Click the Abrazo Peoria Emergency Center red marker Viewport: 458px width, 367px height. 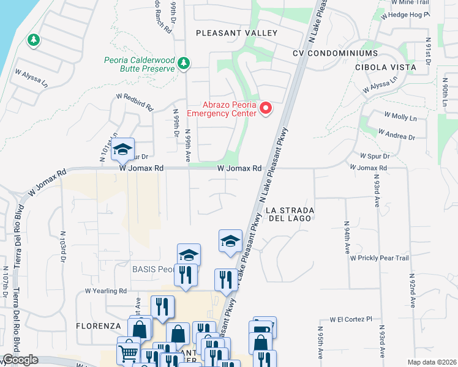[x=266, y=109]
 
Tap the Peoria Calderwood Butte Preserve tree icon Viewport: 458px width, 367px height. [x=183, y=62]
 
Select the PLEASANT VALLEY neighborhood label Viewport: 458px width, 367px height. [x=236, y=33]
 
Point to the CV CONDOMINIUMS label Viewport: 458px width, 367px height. [x=335, y=53]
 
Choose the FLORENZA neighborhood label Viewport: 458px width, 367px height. [x=97, y=326]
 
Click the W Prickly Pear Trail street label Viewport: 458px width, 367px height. [x=380, y=258]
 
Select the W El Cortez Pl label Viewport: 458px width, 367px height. [x=351, y=319]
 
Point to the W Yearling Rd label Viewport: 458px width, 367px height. [x=106, y=291]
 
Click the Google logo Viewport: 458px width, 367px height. [x=21, y=360]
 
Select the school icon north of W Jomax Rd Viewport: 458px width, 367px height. [x=122, y=149]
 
